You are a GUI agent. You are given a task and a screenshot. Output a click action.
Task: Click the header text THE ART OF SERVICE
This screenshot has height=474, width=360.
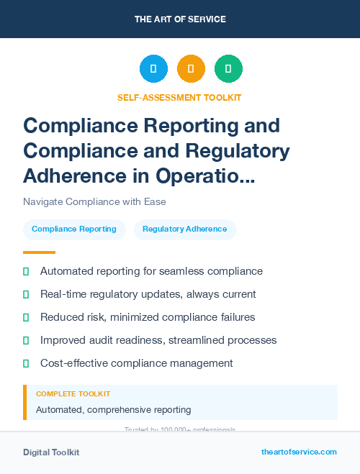180,19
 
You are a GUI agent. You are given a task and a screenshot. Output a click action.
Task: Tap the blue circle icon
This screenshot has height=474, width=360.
153,69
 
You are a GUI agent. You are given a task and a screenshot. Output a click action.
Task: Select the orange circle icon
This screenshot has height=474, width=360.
191,69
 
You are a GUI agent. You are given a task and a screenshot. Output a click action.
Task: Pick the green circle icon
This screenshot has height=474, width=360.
228,69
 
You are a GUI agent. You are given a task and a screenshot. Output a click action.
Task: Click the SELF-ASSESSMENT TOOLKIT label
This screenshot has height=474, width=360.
180,98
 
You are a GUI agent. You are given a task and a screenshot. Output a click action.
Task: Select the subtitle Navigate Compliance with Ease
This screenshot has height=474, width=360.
94,201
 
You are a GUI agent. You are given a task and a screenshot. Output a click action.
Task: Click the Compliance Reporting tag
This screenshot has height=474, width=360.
74,229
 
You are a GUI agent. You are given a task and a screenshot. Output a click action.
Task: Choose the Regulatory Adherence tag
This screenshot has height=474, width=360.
184,229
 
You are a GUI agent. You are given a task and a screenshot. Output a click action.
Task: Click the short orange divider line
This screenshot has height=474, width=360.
39,252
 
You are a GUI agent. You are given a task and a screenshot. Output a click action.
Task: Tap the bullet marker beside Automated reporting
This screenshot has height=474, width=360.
26,272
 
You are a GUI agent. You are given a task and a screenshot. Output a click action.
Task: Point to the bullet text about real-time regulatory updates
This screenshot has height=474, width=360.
148,294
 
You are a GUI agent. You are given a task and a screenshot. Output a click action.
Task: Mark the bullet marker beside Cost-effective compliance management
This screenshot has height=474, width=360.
26,363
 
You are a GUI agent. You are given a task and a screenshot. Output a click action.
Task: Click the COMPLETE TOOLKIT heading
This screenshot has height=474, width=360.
73,394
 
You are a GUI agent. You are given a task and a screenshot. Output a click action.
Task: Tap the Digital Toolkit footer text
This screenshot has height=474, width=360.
51,452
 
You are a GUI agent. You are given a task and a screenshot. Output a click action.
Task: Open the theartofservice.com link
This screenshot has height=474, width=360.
299,452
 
